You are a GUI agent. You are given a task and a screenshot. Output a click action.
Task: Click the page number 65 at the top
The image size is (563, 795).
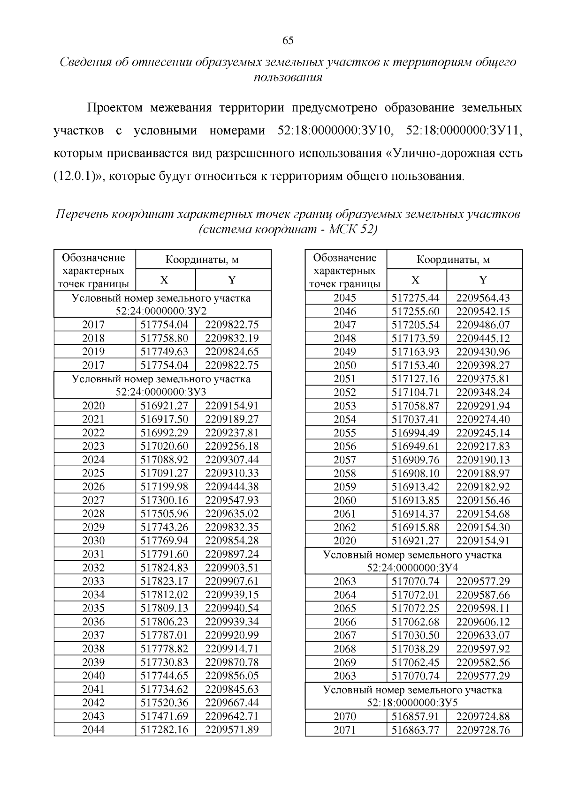(x=288, y=40)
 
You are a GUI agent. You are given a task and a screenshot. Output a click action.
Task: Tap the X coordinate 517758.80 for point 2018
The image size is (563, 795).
(x=164, y=338)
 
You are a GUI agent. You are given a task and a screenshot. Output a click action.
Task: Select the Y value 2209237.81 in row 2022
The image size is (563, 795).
(x=232, y=432)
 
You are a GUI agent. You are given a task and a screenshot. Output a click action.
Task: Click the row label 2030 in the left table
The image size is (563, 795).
(x=93, y=541)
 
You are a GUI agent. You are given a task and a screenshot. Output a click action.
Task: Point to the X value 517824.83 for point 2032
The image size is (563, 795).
(x=164, y=568)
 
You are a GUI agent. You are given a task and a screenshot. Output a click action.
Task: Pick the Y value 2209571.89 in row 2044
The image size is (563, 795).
(x=232, y=729)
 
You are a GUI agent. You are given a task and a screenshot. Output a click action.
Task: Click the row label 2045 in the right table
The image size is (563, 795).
(x=345, y=298)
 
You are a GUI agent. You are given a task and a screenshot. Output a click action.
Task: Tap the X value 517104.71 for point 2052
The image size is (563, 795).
(x=416, y=392)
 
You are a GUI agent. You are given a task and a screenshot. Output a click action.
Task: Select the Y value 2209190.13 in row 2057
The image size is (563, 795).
(x=483, y=460)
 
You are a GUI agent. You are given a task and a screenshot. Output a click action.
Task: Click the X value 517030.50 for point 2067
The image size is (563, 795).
(x=416, y=635)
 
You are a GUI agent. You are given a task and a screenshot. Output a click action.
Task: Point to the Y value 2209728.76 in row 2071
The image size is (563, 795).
(x=483, y=730)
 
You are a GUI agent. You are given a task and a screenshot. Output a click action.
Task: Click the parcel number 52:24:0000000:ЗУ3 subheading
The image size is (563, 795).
(x=162, y=392)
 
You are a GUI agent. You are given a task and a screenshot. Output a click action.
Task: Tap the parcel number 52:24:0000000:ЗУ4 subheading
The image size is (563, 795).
(x=413, y=568)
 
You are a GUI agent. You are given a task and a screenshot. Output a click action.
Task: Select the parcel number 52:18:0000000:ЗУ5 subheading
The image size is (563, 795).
(x=413, y=703)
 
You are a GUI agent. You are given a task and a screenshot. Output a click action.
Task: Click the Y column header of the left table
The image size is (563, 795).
(x=232, y=280)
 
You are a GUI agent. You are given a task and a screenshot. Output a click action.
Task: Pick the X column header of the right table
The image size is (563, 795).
(x=416, y=280)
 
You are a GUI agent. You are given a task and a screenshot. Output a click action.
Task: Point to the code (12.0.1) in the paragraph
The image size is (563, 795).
(x=75, y=176)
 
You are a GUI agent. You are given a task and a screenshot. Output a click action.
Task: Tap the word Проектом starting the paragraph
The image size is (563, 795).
(x=115, y=108)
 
